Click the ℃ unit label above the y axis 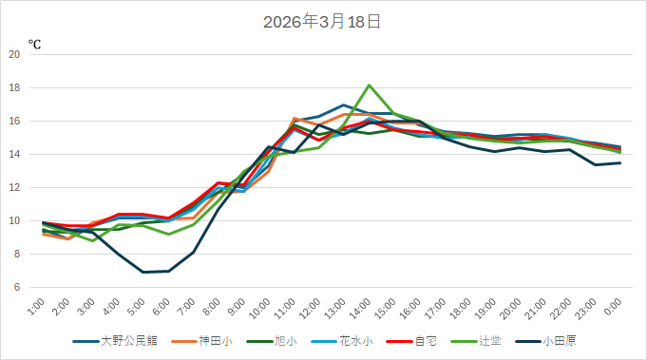coord(34,44)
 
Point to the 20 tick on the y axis coord(14,54)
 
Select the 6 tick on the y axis coord(17,287)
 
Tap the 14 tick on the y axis coord(14,154)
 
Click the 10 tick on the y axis coord(14,220)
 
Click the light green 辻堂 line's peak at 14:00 coord(370,85)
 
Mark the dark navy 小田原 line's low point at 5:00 coord(143,272)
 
